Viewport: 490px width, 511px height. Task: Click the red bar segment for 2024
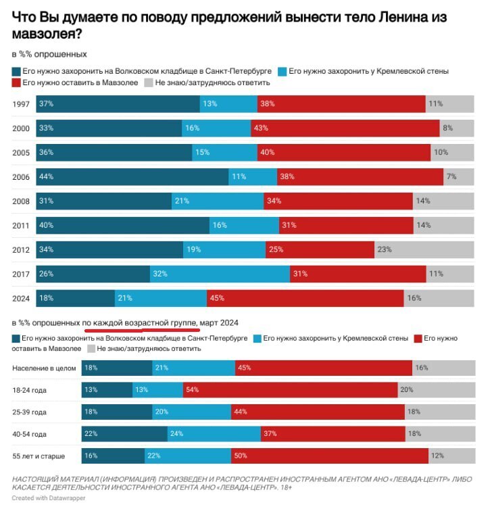pyautogui.click(x=305, y=297)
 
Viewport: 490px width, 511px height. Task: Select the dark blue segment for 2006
pyautogui.click(x=132, y=176)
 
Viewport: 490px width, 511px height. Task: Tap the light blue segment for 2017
pyautogui.click(x=220, y=274)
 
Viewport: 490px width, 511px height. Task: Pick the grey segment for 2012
pyautogui.click(x=424, y=249)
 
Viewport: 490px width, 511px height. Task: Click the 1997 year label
pyautogui.click(x=20, y=104)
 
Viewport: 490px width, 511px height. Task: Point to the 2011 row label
pyautogui.click(x=20, y=225)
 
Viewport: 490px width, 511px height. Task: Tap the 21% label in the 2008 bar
pyautogui.click(x=180, y=201)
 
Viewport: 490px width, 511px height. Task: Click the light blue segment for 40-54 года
pyautogui.click(x=214, y=433)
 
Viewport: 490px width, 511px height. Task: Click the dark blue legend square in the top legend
pyautogui.click(x=16, y=71)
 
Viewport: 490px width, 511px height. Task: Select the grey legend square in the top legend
pyautogui.click(x=148, y=83)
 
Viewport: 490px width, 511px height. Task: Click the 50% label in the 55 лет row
pyautogui.click(x=241, y=456)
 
